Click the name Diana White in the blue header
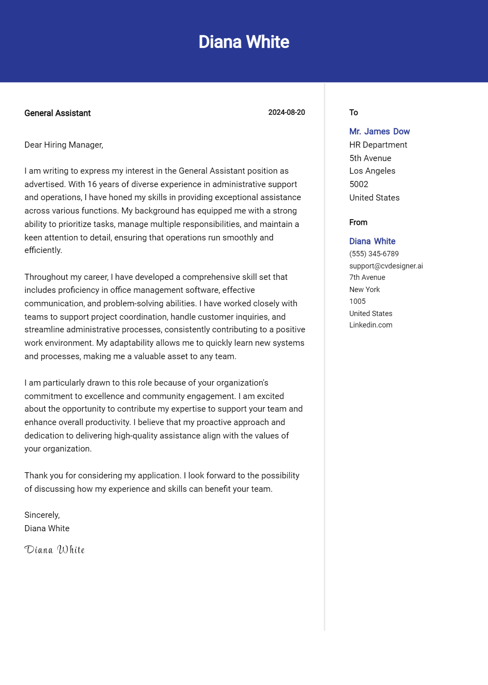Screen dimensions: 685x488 [x=244, y=42]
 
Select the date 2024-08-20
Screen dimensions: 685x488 [x=286, y=112]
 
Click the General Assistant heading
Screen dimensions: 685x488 [x=57, y=113]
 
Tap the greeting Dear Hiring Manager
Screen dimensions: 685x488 [x=64, y=145]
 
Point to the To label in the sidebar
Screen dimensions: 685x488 [x=353, y=113]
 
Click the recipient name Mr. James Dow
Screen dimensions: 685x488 [x=379, y=131]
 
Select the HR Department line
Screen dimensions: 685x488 [x=378, y=145]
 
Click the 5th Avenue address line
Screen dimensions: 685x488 [x=370, y=158]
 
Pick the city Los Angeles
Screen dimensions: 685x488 [x=372, y=171]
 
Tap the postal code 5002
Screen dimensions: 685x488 [x=359, y=184]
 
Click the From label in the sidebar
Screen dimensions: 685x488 [x=358, y=223]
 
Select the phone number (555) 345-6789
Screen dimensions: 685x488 [x=374, y=254]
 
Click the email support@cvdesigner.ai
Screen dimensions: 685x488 [x=386, y=266]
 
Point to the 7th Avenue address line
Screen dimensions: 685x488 [x=367, y=277]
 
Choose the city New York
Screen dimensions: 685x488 [x=364, y=290]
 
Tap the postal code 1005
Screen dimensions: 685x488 [x=357, y=301]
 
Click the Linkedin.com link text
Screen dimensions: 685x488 [x=370, y=325]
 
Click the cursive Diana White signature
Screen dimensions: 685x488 [x=54, y=550]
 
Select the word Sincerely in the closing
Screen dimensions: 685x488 [x=41, y=515]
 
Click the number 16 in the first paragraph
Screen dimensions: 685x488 [x=92, y=184]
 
